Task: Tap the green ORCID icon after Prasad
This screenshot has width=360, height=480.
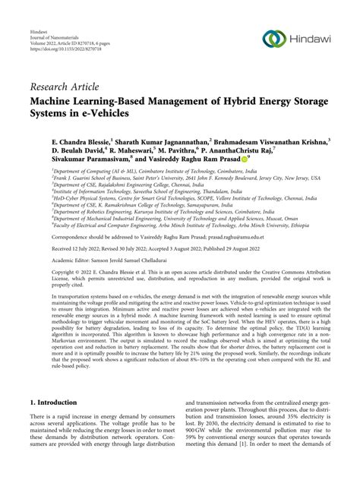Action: coord(245,163)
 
